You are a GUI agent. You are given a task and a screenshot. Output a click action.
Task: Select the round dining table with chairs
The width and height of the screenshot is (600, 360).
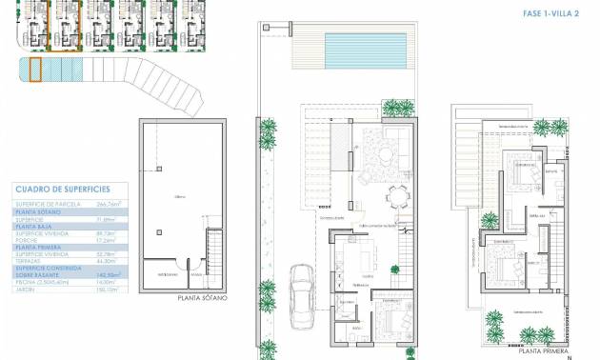click(397, 197)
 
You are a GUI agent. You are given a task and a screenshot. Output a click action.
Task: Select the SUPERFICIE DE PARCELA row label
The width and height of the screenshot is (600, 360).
click(48, 204)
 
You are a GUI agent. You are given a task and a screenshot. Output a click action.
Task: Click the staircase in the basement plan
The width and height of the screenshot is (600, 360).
click(214, 258)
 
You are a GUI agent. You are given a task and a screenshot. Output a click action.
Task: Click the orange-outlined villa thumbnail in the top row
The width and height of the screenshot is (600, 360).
click(66, 25)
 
